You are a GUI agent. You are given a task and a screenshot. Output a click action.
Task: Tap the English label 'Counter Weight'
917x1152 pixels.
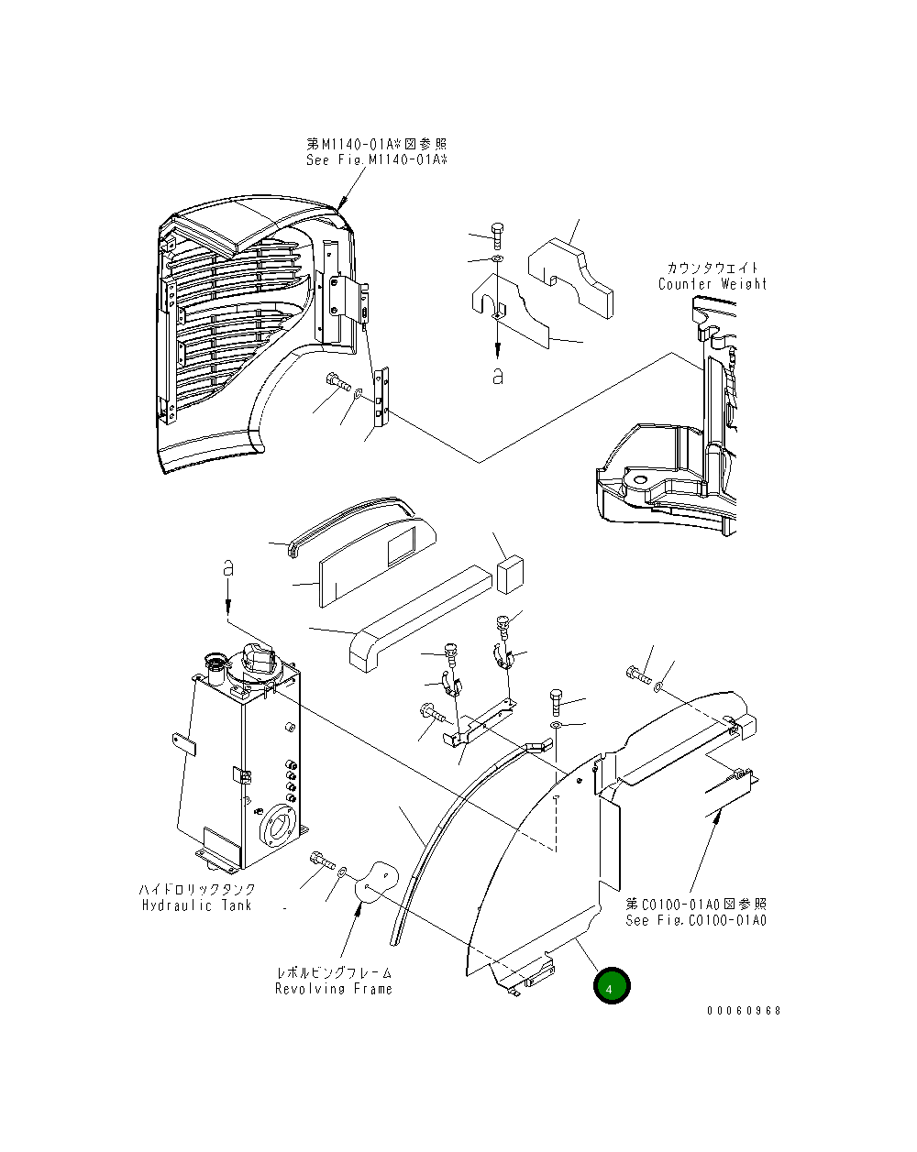pyautogui.click(x=713, y=284)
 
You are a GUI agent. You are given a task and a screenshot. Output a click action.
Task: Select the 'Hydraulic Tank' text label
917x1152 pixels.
pyautogui.click(x=196, y=905)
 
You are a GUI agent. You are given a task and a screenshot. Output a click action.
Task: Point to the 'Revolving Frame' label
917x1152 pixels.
pyautogui.click(x=334, y=989)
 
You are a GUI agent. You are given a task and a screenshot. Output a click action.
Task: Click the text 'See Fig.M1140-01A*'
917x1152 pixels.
pyautogui.click(x=377, y=160)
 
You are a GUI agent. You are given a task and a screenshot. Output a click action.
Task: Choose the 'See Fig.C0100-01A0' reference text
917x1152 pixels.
pyautogui.click(x=696, y=921)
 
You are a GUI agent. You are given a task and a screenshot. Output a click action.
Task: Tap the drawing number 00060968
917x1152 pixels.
pyautogui.click(x=744, y=1011)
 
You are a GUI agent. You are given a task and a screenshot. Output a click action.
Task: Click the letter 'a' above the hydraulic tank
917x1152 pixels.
pyautogui.click(x=228, y=569)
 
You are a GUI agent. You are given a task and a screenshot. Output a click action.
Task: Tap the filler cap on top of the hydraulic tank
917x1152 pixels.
pyautogui.click(x=260, y=661)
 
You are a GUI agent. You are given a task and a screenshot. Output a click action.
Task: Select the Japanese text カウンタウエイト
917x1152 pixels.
pyautogui.click(x=713, y=268)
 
